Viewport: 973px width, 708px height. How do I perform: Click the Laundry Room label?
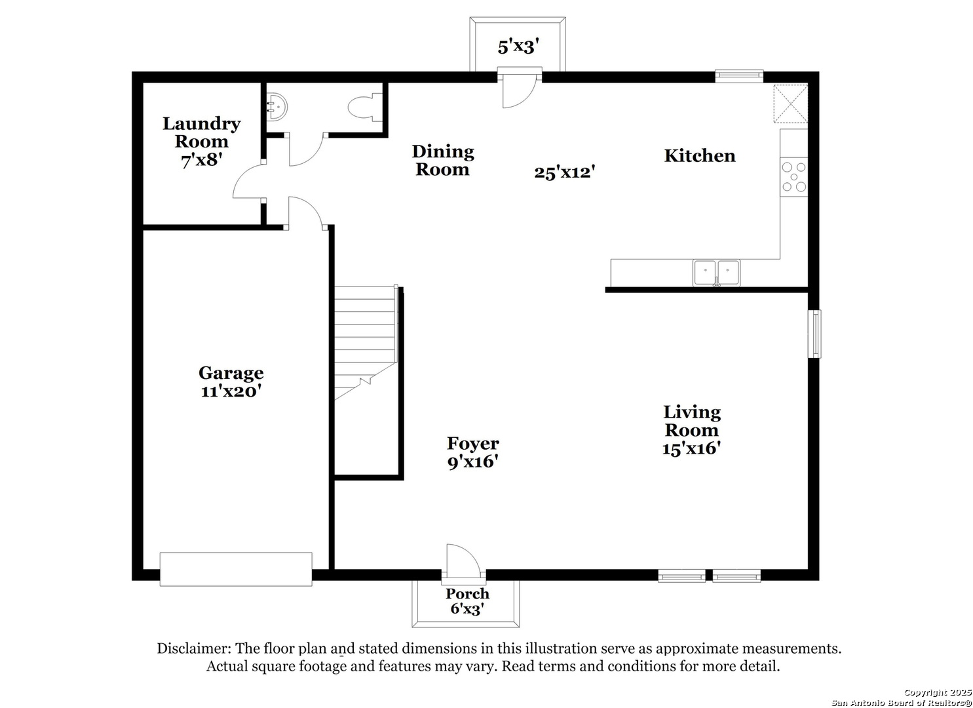pyautogui.click(x=202, y=132)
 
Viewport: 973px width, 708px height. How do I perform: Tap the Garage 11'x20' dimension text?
pyautogui.click(x=231, y=391)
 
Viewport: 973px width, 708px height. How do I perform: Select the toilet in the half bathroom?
pyautogui.click(x=365, y=107)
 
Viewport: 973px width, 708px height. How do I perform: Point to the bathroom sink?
pyautogui.click(x=277, y=107)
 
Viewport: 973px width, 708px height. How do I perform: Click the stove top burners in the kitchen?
pyautogui.click(x=793, y=177)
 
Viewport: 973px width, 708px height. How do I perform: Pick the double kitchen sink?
pyautogui.click(x=717, y=273)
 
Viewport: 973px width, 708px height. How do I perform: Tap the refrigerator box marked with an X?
pyautogui.click(x=790, y=104)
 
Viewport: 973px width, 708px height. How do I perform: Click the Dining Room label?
pyautogui.click(x=443, y=161)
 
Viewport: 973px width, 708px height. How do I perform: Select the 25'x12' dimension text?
pyautogui.click(x=564, y=172)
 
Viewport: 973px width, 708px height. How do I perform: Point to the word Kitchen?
pyautogui.click(x=700, y=155)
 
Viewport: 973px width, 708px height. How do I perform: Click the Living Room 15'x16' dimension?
pyautogui.click(x=691, y=448)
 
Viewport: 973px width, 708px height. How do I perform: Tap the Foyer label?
pyautogui.click(x=473, y=443)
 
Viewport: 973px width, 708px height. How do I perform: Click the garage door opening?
pyautogui.click(x=236, y=570)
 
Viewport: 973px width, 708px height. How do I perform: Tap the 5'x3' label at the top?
pyautogui.click(x=518, y=47)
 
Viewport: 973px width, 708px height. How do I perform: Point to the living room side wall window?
pyautogui.click(x=814, y=334)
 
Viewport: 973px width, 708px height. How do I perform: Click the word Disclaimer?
pyautogui.click(x=194, y=648)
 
